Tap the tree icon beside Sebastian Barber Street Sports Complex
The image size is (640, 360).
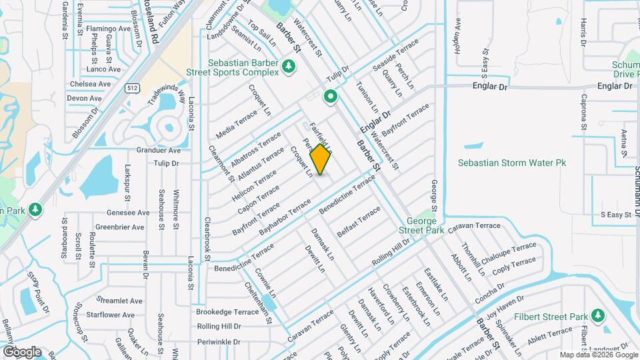288,66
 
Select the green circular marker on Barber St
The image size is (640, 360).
330,97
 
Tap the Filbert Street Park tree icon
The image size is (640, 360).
598,315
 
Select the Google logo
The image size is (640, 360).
22,351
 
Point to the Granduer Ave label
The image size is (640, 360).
159,151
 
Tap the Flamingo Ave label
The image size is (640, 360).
107,29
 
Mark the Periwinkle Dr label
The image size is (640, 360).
218,341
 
